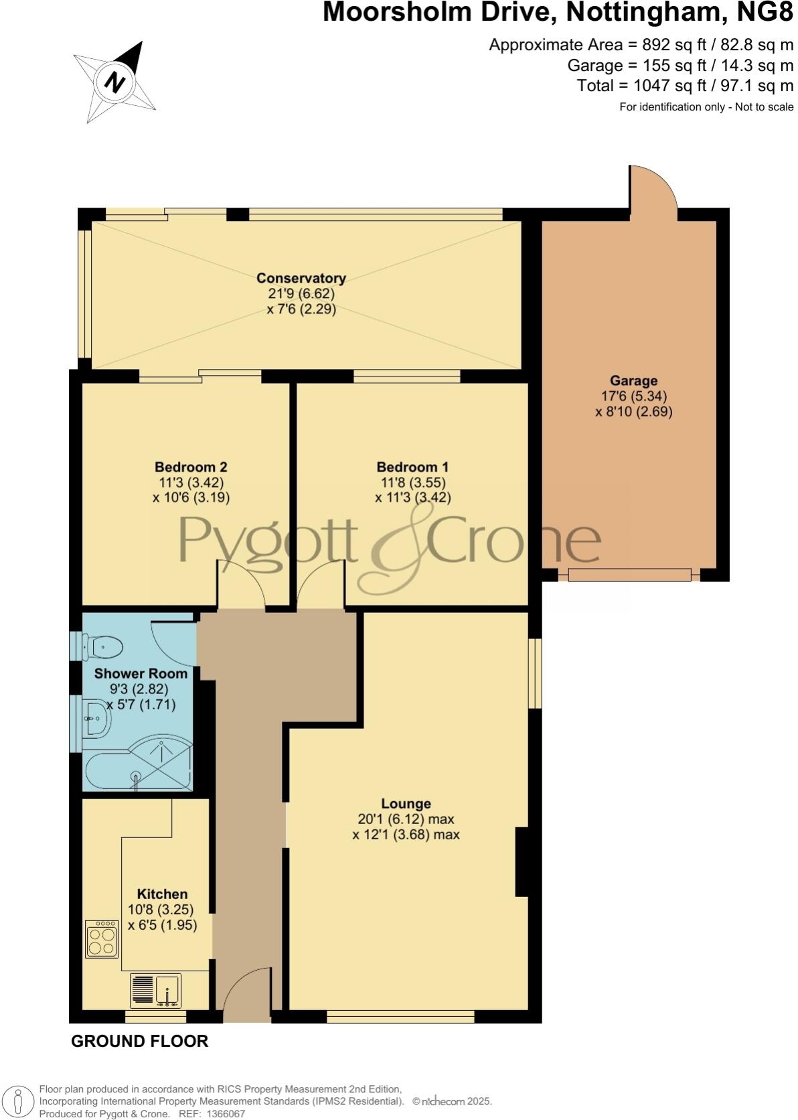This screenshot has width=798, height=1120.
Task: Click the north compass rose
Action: pos(114,82)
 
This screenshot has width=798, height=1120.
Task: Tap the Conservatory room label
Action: pos(301,278)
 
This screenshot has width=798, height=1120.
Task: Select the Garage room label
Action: pos(633,381)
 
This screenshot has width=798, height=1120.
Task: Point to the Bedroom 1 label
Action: pos(412,467)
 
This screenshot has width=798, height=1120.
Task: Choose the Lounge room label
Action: pos(406,803)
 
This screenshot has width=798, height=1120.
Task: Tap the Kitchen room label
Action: pos(162,894)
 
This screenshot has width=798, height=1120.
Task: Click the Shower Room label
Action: pos(141,673)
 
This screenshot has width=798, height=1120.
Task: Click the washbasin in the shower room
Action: pos(96,719)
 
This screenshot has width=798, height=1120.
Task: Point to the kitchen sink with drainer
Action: pos(156,991)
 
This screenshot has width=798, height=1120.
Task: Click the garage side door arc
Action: pos(652,190)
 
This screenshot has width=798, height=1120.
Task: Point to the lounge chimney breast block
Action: pos(522,861)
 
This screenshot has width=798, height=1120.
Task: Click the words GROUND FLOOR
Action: pos(139,1041)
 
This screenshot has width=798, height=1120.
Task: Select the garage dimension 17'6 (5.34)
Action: pos(633,396)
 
